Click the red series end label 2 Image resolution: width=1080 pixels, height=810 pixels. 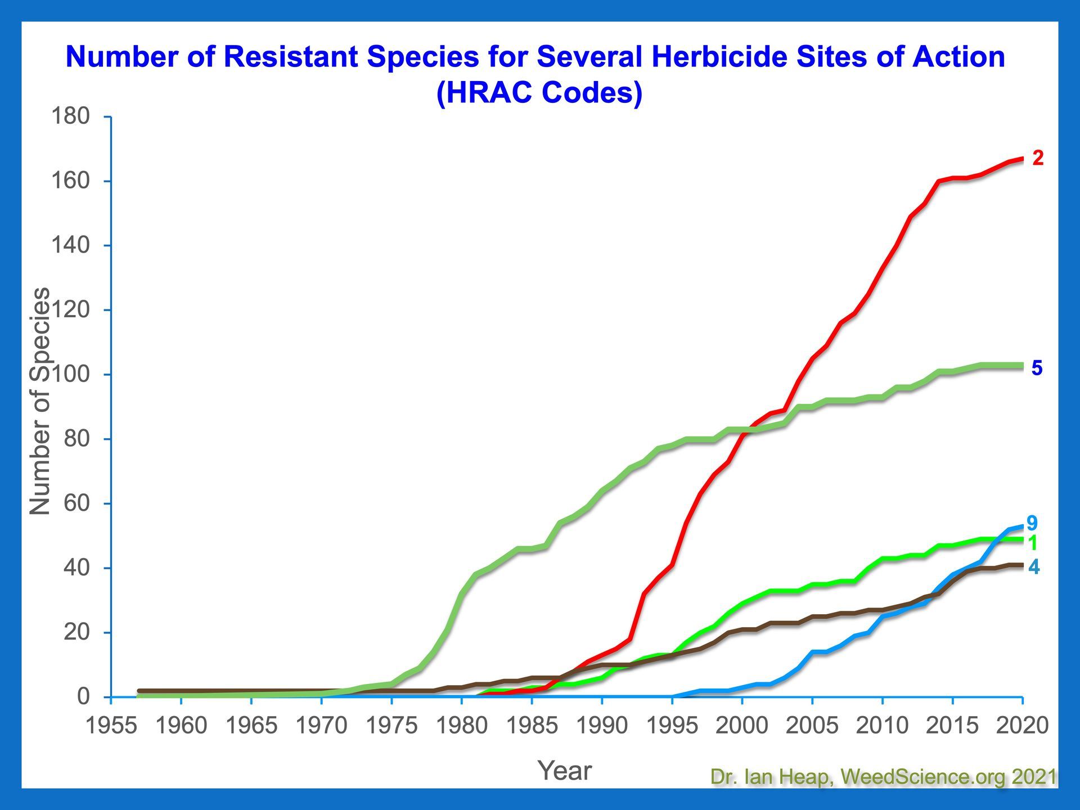1038,159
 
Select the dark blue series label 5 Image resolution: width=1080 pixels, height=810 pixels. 1037,368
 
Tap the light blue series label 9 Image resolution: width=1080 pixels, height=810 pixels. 1032,523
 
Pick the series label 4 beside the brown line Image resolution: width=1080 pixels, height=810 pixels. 1034,567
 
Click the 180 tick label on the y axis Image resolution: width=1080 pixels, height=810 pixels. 70,116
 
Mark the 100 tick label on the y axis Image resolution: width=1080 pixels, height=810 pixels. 70,374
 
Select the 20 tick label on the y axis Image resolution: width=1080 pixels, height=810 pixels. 76,632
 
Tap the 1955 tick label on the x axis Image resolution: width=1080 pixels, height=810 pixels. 111,726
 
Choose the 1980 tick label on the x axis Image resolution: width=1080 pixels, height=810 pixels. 462,726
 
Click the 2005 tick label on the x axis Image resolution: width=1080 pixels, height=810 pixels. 812,726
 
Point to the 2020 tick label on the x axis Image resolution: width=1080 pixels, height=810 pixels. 1023,726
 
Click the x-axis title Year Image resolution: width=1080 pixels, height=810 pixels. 565,771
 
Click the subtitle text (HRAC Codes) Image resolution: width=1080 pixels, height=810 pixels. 539,92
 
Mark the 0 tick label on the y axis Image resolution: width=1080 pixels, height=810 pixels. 83,696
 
